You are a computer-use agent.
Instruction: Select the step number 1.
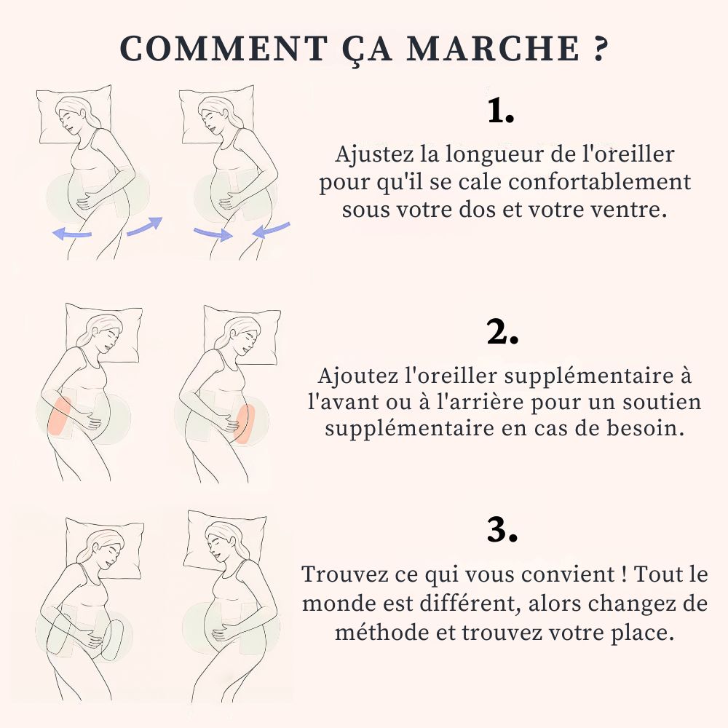coord(501,111)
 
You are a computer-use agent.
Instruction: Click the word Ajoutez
coord(360,376)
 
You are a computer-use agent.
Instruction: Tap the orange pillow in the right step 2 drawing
coord(245,422)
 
